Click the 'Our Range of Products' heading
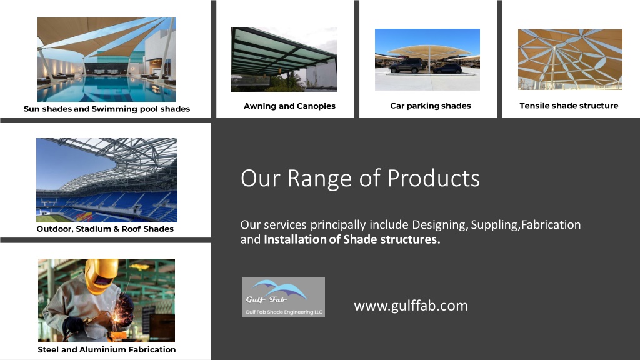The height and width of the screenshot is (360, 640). click(x=360, y=178)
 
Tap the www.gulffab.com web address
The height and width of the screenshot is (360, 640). click(x=411, y=306)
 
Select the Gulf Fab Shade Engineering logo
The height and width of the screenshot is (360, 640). click(x=284, y=297)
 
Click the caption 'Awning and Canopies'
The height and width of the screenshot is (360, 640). click(x=289, y=106)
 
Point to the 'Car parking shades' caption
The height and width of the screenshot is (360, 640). click(x=430, y=106)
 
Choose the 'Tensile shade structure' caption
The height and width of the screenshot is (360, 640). click(x=569, y=106)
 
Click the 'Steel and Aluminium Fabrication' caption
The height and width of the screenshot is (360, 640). click(x=106, y=350)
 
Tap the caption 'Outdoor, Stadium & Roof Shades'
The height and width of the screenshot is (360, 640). click(x=105, y=229)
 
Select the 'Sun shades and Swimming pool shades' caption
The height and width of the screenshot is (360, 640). click(x=106, y=109)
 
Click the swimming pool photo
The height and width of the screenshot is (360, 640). click(x=106, y=59)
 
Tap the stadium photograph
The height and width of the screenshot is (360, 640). click(x=106, y=180)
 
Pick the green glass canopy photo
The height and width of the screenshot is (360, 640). click(x=284, y=59)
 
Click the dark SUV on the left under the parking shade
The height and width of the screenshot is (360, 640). click(x=406, y=66)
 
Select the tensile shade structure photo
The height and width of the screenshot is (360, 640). click(x=570, y=59)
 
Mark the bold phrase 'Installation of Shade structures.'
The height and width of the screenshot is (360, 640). click(x=352, y=239)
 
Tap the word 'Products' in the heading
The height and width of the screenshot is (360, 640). click(x=434, y=178)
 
